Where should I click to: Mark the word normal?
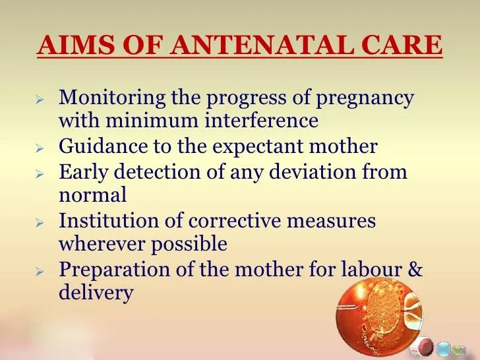pyautogui.click(x=92, y=195)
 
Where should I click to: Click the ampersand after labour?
pyautogui.click(x=415, y=269)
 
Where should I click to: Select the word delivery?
pyautogui.click(x=96, y=293)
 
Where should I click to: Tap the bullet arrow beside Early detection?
pyautogui.click(x=39, y=174)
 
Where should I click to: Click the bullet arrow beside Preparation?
pyautogui.click(x=39, y=271)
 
